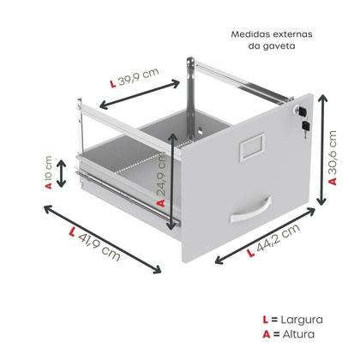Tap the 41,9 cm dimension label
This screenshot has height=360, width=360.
(x=95, y=243)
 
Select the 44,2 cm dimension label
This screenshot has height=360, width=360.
(x=273, y=240)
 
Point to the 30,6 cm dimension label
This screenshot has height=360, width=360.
(x=333, y=158)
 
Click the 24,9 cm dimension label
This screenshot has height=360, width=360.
(x=161, y=179)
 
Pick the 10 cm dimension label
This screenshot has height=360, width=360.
(x=49, y=172)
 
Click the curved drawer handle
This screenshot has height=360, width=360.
(x=251, y=210)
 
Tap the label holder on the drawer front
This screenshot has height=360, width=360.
(x=252, y=147)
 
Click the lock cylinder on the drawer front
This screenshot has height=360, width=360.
(x=301, y=111)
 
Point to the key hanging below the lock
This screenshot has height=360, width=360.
(x=306, y=128)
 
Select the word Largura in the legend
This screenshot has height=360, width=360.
(x=302, y=320)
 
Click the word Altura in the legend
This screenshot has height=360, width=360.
(x=298, y=334)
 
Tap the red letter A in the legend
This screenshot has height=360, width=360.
(x=267, y=334)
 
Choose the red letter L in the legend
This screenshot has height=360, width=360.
(x=266, y=320)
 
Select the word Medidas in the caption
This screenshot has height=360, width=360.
(x=250, y=34)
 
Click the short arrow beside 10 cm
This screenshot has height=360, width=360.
(x=61, y=174)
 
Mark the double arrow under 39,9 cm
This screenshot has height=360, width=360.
(x=140, y=94)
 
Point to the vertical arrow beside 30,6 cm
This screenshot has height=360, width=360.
(x=322, y=150)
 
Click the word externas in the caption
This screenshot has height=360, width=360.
(x=293, y=34)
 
